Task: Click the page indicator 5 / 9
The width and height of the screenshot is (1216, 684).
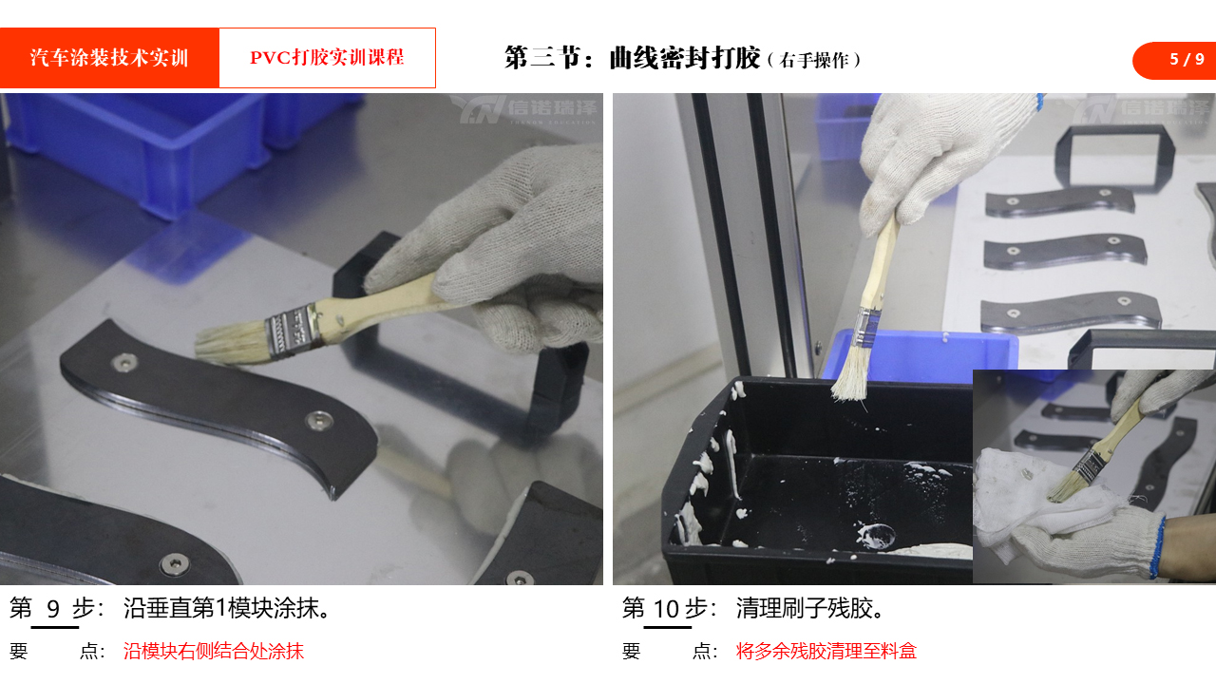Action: click(x=1187, y=59)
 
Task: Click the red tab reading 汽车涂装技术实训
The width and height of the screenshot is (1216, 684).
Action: click(x=109, y=58)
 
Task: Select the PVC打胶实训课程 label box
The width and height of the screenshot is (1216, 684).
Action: click(x=328, y=58)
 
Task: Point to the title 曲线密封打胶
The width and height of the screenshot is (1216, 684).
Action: click(x=684, y=58)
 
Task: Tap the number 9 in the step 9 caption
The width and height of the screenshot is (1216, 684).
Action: click(x=53, y=609)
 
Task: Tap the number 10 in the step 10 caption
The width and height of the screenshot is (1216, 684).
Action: click(x=666, y=609)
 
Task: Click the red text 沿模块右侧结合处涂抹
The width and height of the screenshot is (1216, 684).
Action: click(x=214, y=651)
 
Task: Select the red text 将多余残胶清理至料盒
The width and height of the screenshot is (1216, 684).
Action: click(x=826, y=651)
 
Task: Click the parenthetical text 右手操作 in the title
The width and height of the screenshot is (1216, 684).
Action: click(x=814, y=60)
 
